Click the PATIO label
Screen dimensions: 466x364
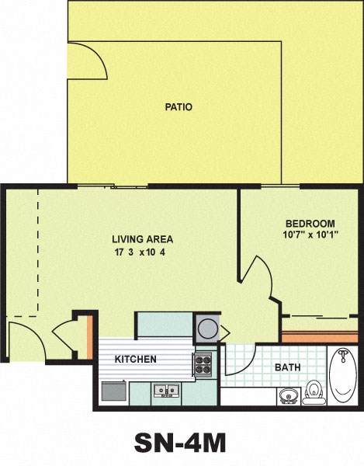point(178,107)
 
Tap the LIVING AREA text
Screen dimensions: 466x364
point(142,239)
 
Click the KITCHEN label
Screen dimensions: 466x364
point(136,360)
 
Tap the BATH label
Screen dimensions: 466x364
point(288,367)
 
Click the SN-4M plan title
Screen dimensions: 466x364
point(181,442)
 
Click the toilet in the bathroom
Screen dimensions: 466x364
point(314,391)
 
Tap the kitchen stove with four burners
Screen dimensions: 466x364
point(203,363)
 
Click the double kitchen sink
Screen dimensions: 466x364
point(166,390)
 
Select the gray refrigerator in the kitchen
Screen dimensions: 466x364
point(113,391)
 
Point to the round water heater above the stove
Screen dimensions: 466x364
point(207,328)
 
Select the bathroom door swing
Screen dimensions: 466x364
point(239,360)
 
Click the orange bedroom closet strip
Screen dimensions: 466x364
point(319,338)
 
